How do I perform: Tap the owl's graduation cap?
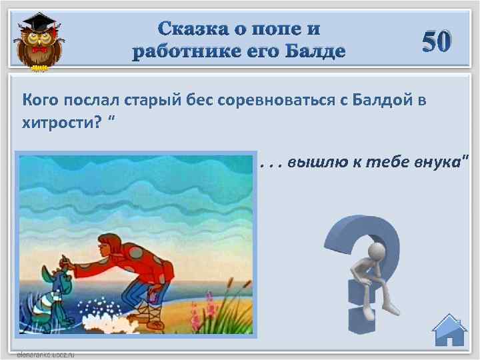(x=37, y=22)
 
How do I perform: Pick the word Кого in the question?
(x=40, y=101)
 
